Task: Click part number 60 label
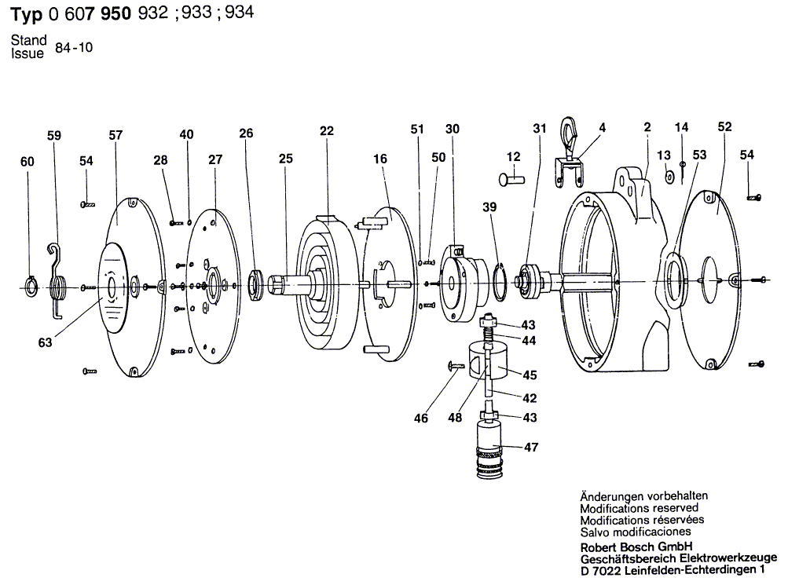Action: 27,162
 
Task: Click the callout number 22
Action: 326,131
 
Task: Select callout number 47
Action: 531,448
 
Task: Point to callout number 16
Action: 380,159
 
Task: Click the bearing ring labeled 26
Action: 256,283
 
